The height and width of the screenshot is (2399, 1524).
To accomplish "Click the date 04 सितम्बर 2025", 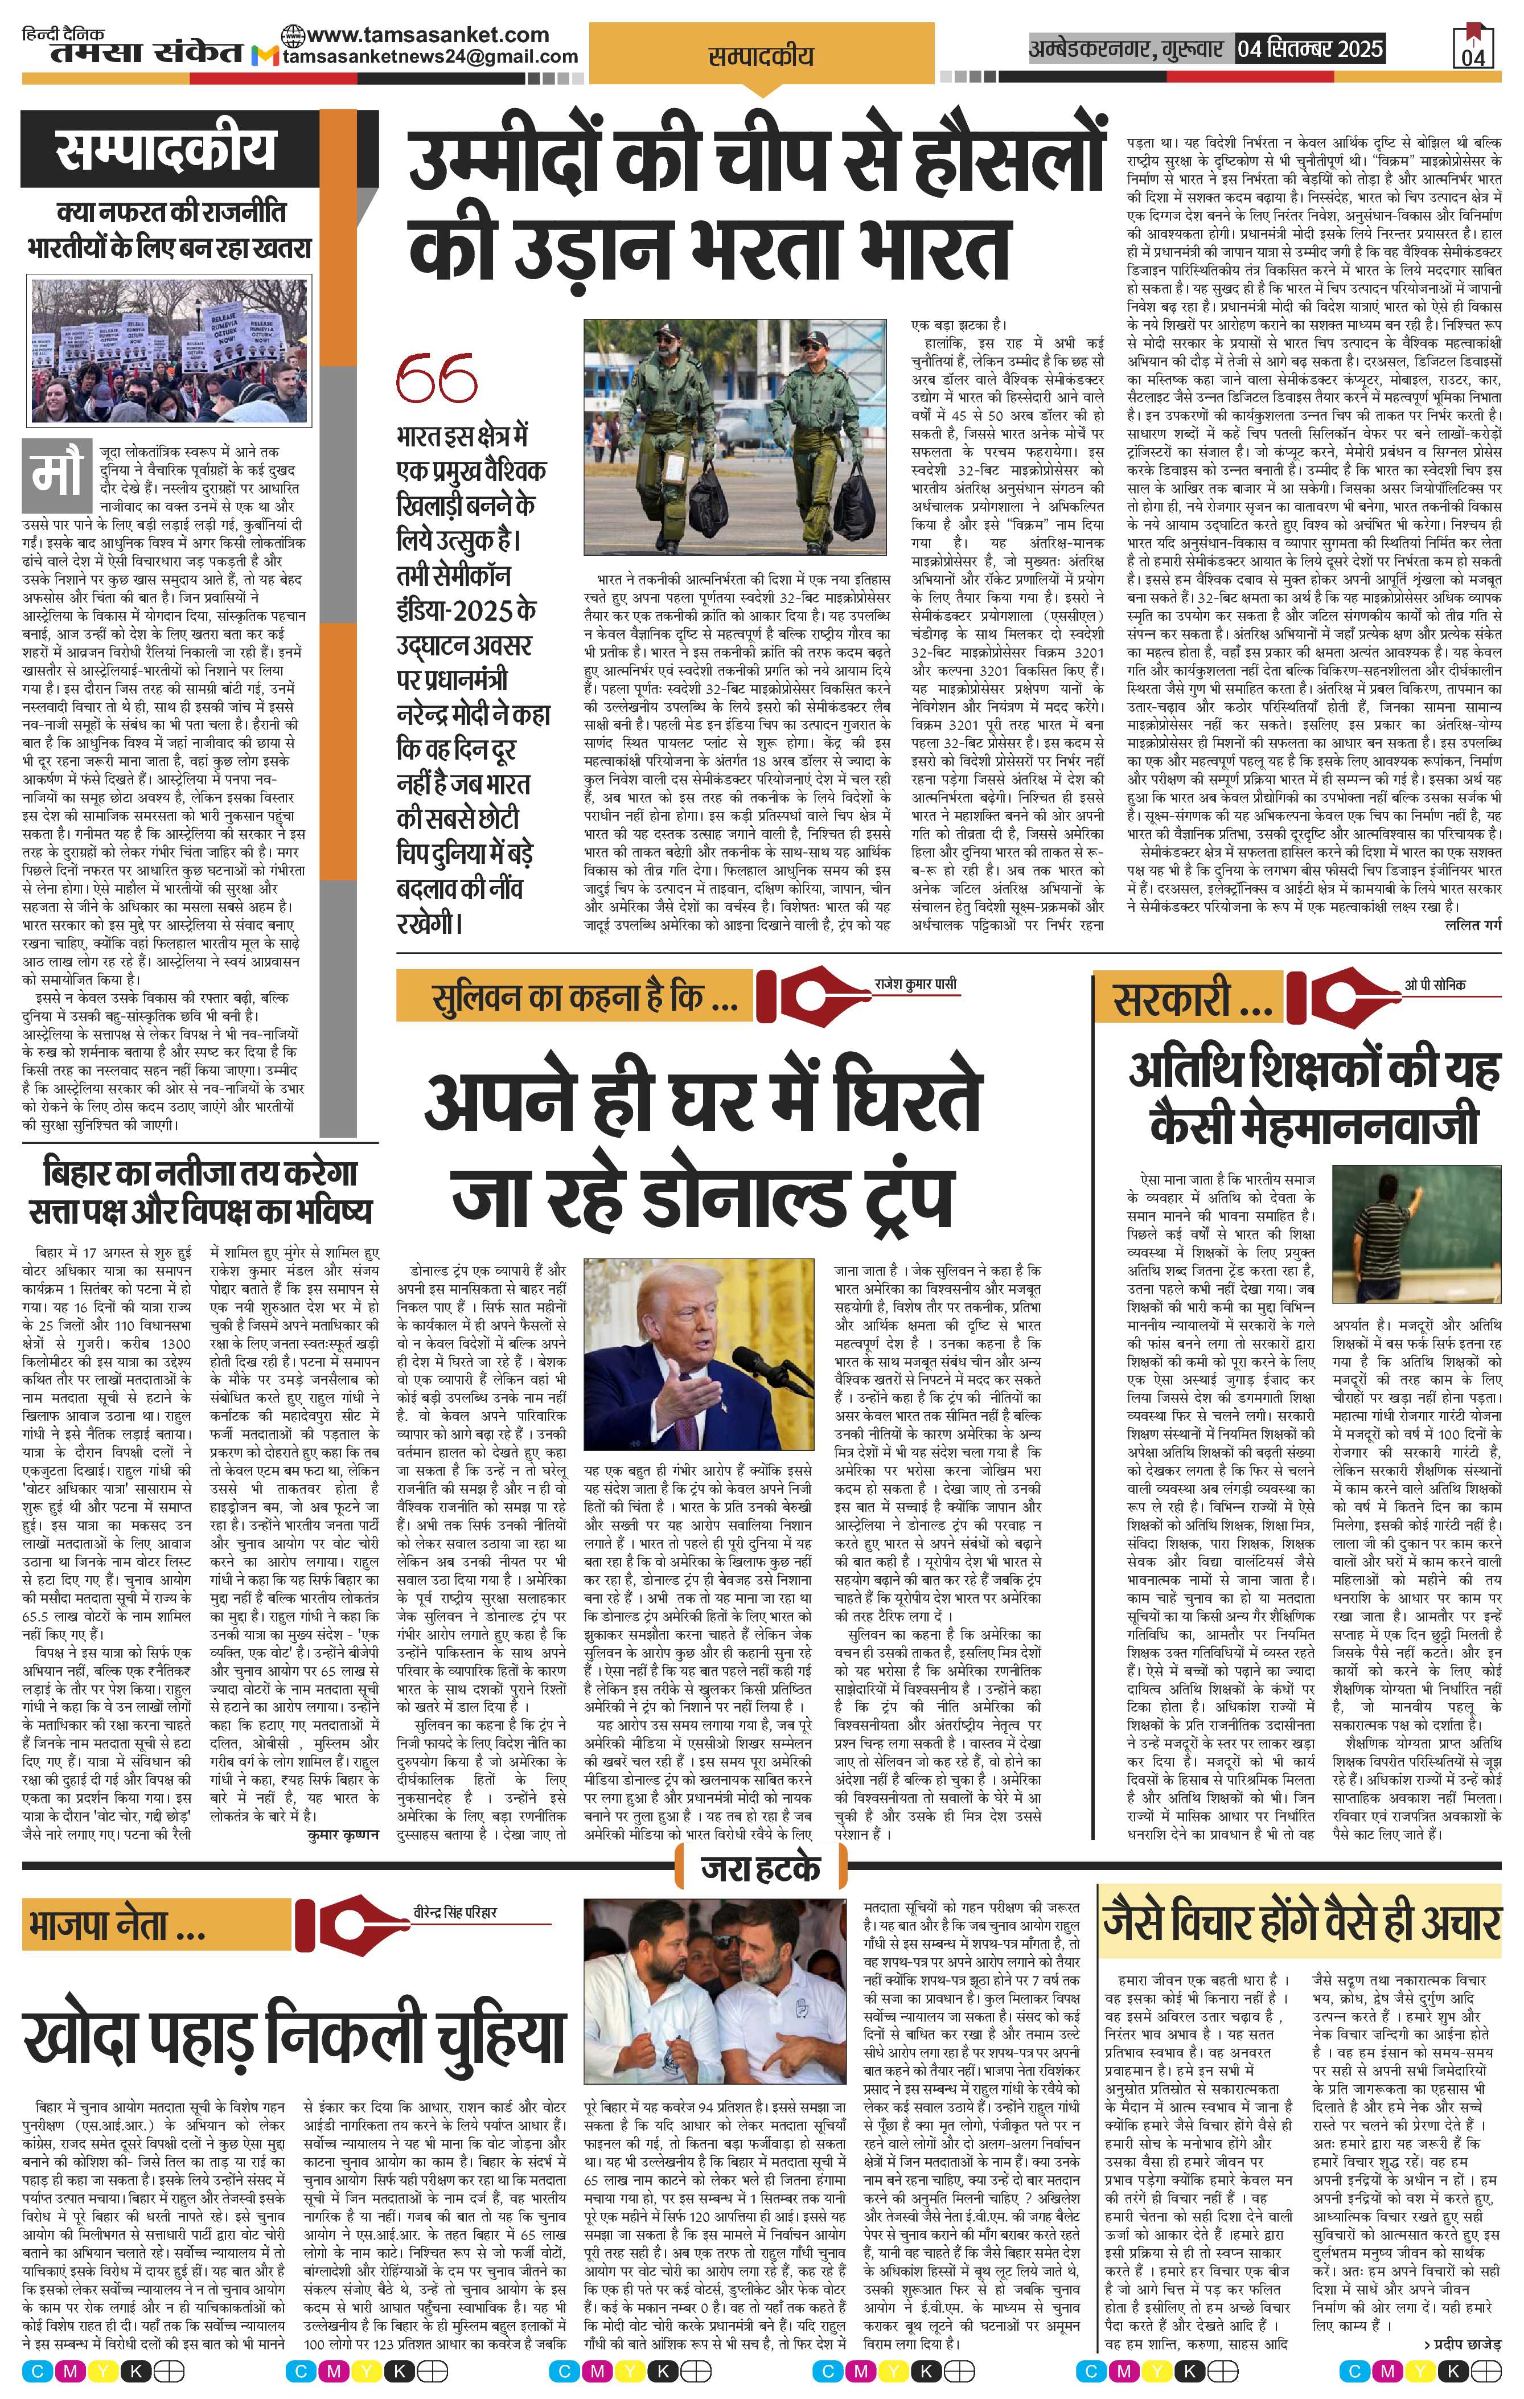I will [x=1309, y=48].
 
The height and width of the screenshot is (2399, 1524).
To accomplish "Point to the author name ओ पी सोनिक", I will [x=1435, y=985].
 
